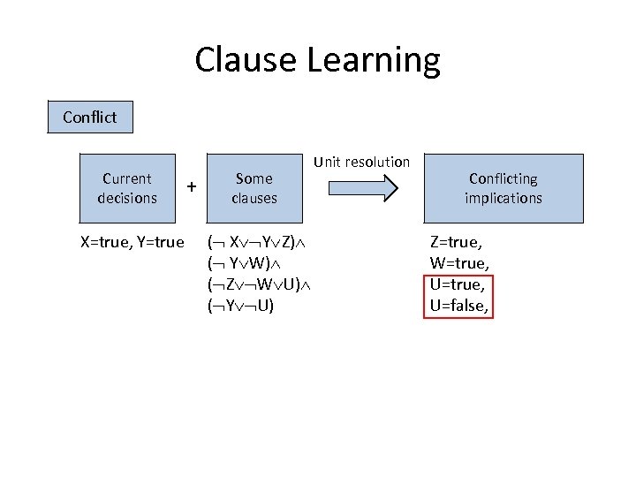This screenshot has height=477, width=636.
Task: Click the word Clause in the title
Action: click(x=246, y=60)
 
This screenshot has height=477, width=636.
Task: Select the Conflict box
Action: click(x=89, y=117)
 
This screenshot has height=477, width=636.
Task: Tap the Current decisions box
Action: click(x=126, y=188)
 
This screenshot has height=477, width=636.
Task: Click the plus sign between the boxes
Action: click(x=191, y=185)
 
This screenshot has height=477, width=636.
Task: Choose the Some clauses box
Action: click(x=254, y=188)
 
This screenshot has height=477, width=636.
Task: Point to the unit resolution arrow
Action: click(x=361, y=187)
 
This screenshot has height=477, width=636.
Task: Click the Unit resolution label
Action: click(x=362, y=162)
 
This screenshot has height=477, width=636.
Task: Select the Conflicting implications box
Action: click(x=503, y=188)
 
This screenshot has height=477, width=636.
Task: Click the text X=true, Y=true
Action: click(x=132, y=242)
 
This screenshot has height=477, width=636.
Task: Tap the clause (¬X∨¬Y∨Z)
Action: click(x=252, y=242)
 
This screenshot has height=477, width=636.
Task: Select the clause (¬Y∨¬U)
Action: click(x=240, y=306)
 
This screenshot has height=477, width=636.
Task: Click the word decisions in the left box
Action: click(x=126, y=198)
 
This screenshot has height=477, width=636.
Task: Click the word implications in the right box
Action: click(x=503, y=198)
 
